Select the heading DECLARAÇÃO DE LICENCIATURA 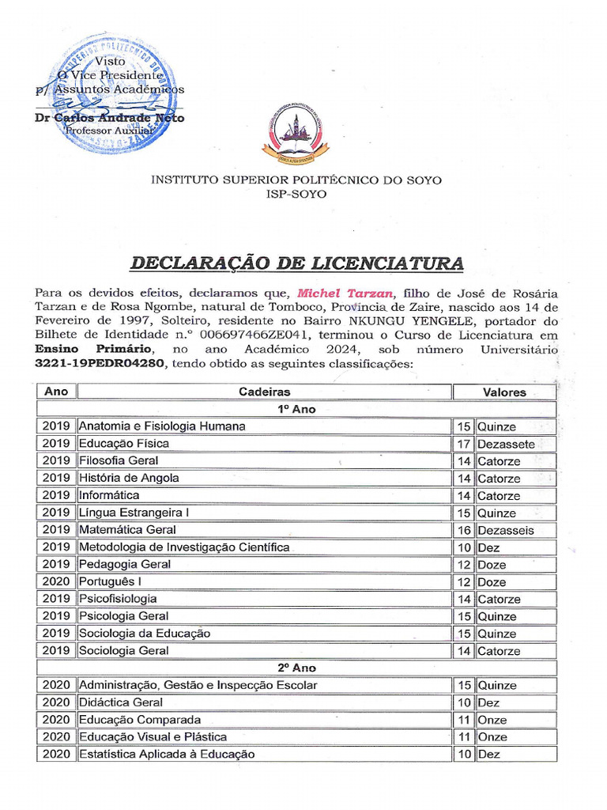tap(296, 263)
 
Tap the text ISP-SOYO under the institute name tap(296, 195)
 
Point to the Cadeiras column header tap(264, 392)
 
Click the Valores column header tap(504, 392)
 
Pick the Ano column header tap(56, 392)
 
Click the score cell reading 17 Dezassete tap(504, 444)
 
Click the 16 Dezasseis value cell tap(504, 530)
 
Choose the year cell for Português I tap(56, 581)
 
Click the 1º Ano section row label tap(296, 409)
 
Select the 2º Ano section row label tap(296, 668)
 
